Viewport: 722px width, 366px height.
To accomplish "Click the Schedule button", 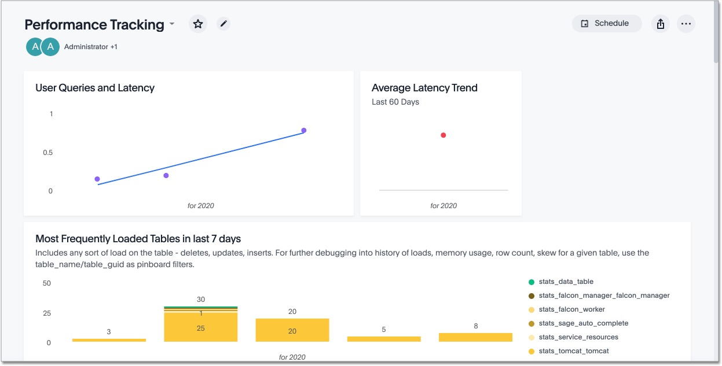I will [x=606, y=24].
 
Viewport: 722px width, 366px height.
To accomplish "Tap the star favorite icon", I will [x=198, y=24].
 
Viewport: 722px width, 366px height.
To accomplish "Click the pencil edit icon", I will [x=223, y=24].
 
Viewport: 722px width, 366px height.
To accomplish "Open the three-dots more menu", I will [x=686, y=24].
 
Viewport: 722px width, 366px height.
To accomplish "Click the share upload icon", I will [x=661, y=24].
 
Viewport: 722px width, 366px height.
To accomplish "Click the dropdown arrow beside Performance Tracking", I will [x=172, y=25].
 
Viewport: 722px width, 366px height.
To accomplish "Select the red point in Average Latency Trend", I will [x=443, y=135].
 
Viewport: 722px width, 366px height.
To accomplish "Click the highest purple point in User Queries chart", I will [x=303, y=131].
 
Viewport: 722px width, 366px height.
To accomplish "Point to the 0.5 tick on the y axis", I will [x=47, y=153].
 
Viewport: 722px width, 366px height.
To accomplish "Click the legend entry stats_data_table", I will [x=566, y=282].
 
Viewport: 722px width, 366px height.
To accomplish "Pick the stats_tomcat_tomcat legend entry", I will [x=573, y=351].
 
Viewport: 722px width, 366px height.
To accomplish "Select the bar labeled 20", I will [x=292, y=330].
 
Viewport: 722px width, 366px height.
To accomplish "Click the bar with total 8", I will [x=475, y=337].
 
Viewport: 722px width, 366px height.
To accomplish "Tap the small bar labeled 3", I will [x=109, y=340].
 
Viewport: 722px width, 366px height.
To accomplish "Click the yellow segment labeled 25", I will [x=201, y=327].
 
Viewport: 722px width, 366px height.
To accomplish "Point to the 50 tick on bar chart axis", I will [x=47, y=283].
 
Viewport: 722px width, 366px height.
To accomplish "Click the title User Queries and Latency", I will [x=95, y=88].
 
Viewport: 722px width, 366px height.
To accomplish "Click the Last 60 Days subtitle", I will [x=395, y=102].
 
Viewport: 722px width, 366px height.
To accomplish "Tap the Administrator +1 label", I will [x=91, y=47].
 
